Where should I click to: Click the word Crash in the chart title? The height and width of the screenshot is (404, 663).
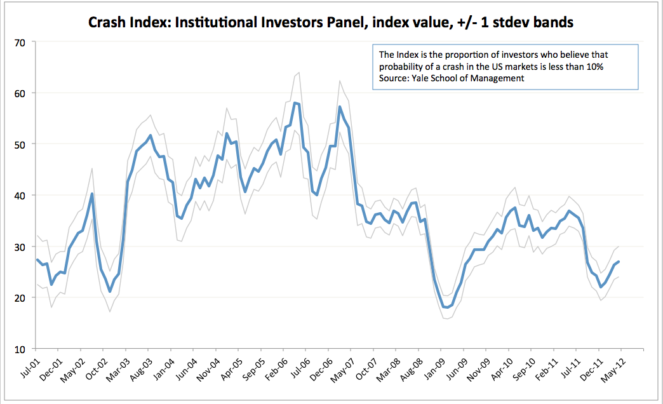[x=108, y=24]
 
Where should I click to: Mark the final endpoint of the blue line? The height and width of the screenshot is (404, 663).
[x=619, y=262]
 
